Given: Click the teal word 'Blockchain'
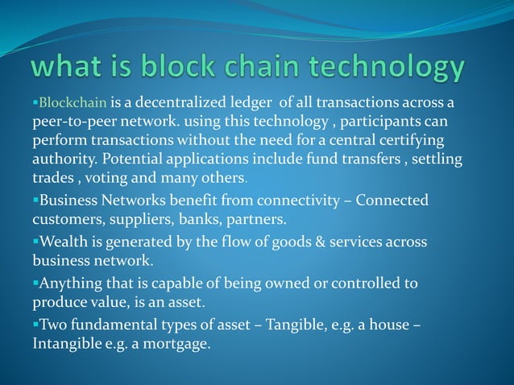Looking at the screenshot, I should coord(73,103).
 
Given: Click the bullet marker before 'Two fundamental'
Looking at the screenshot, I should coord(35,325).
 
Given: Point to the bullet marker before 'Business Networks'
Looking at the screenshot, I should coord(35,200).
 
